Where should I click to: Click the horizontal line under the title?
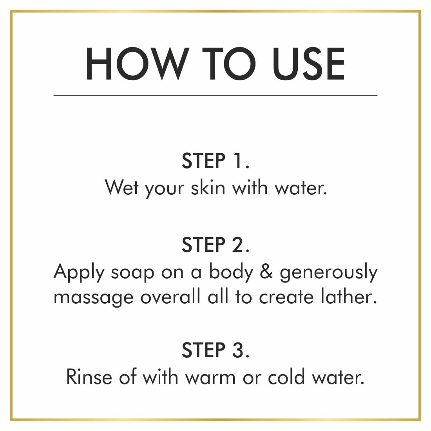tap(215, 95)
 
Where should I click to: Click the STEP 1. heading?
tap(215, 161)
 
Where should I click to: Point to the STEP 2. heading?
tap(215, 245)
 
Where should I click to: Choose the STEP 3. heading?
tap(215, 350)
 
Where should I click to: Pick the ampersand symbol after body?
tap(266, 272)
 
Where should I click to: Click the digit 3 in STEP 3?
tap(238, 350)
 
